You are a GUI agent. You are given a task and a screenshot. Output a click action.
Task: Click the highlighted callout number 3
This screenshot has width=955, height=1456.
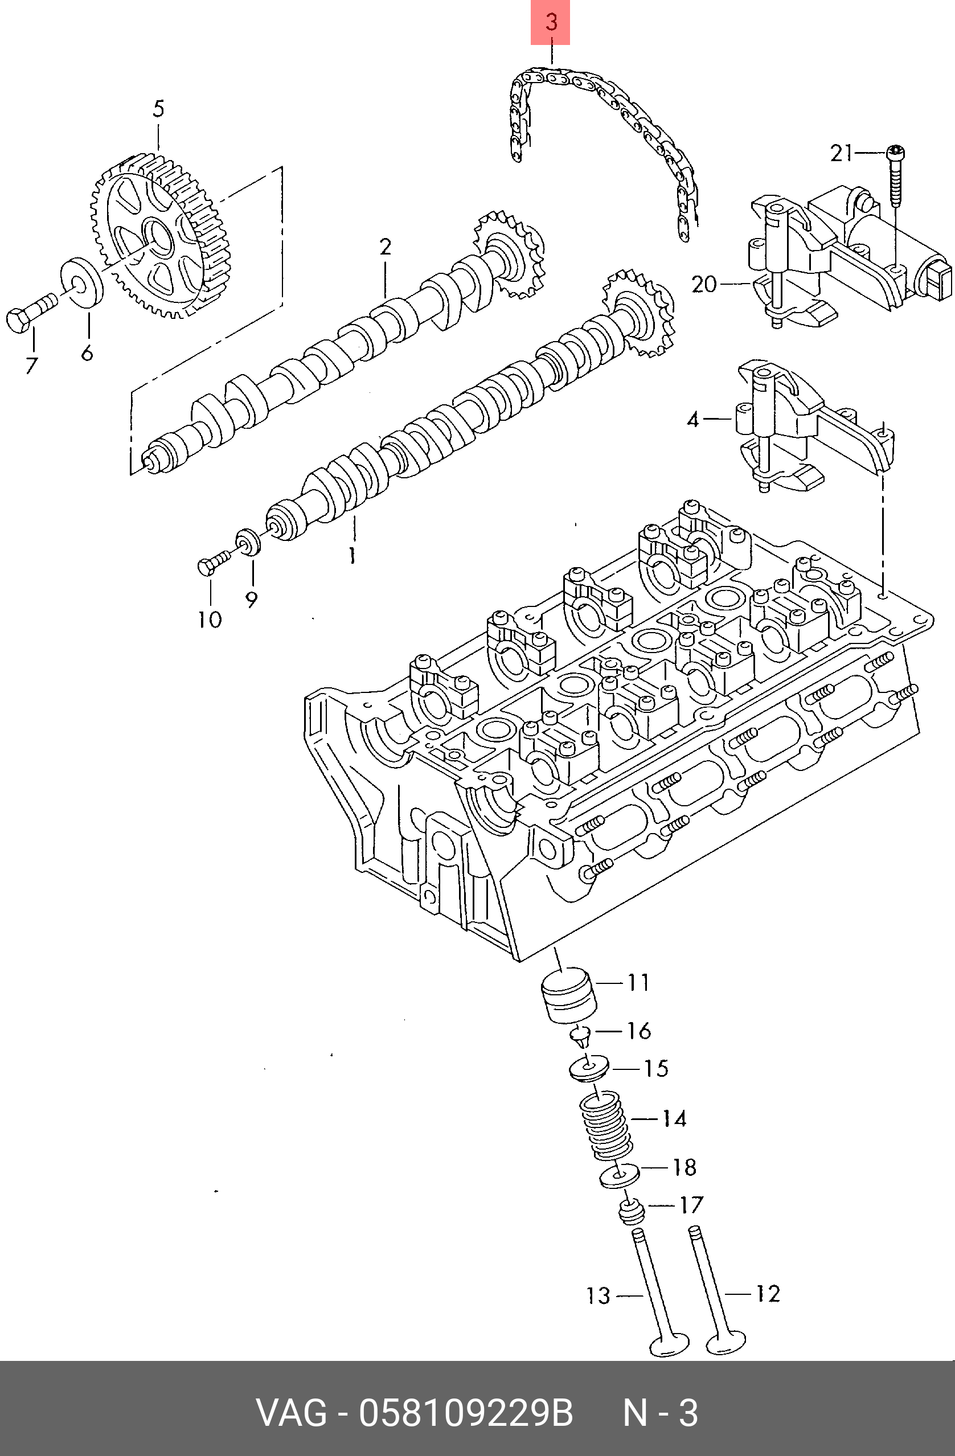[551, 23]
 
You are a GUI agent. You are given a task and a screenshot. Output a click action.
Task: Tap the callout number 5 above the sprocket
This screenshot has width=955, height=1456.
[158, 109]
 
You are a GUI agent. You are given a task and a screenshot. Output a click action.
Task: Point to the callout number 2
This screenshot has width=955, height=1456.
[385, 247]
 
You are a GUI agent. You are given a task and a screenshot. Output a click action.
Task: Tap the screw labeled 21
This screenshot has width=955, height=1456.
[895, 178]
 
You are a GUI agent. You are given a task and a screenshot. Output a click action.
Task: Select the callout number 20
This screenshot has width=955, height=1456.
[703, 284]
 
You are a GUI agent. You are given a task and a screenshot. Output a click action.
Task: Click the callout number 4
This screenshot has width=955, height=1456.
[692, 419]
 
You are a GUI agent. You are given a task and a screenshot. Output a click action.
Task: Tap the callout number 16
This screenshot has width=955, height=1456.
[639, 1031]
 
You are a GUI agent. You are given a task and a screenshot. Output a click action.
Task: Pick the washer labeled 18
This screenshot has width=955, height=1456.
[618, 1175]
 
